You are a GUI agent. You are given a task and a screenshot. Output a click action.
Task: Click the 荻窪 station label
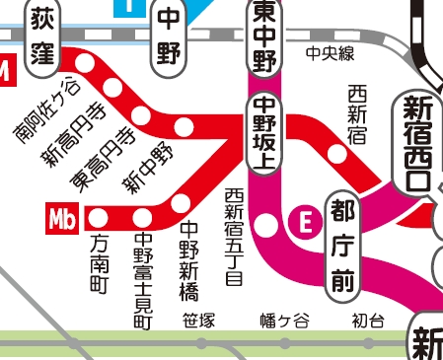41,35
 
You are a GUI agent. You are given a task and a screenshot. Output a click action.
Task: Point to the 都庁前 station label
342,246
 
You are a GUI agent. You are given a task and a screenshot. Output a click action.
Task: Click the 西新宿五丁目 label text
233,237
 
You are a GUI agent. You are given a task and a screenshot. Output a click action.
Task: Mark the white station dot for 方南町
99,217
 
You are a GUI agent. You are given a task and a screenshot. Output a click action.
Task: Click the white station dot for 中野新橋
181,203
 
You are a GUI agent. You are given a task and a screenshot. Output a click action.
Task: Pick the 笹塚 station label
199,321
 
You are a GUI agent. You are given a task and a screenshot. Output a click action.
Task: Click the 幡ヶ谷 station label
284,321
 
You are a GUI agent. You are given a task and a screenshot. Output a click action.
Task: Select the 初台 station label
366,321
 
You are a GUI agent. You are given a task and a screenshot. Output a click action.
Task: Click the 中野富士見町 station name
143,279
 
